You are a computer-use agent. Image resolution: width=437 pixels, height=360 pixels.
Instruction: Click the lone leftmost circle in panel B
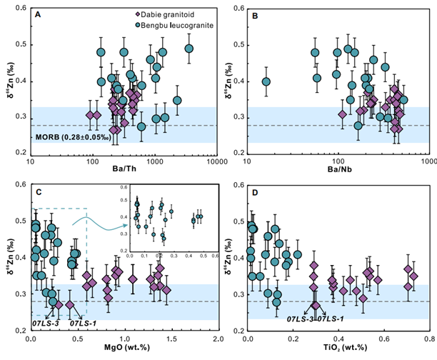pyautogui.click(x=266, y=81)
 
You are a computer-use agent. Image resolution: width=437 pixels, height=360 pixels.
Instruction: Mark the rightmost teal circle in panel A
pyautogui.click(x=189, y=49)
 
